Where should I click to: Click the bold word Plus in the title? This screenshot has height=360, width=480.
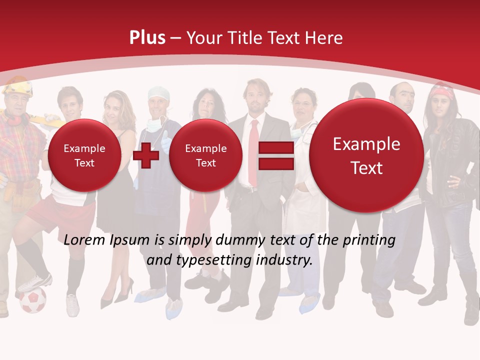point(147,38)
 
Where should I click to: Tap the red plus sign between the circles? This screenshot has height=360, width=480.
point(146,156)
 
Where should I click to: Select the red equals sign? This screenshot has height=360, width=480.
point(275,156)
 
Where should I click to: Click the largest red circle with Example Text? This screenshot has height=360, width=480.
point(366,155)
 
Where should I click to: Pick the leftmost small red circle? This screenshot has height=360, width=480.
point(84,155)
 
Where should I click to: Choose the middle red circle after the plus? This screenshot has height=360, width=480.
point(205,155)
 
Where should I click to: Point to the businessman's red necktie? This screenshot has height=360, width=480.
point(254,150)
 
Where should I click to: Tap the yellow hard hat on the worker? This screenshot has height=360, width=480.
point(18,85)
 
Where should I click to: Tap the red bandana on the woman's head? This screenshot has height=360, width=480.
point(442,92)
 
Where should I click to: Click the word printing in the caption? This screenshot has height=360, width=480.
point(369,240)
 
